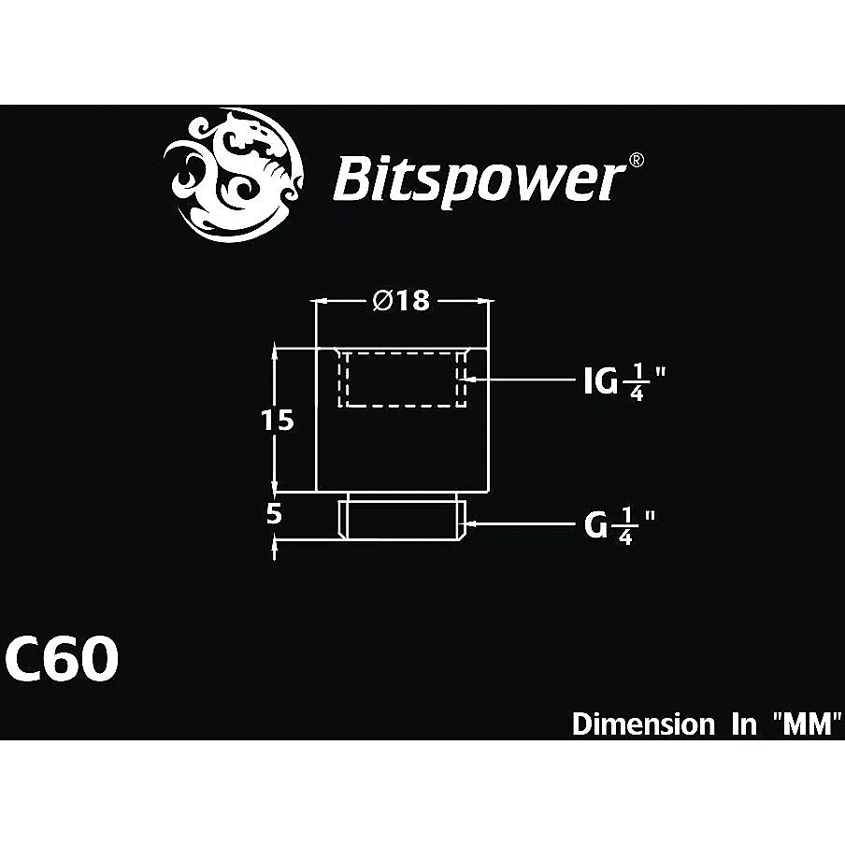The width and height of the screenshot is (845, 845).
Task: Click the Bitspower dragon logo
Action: pyautogui.click(x=235, y=174)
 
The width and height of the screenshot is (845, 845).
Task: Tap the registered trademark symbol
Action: pyautogui.click(x=637, y=160)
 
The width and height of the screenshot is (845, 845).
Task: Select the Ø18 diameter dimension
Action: pyautogui.click(x=402, y=301)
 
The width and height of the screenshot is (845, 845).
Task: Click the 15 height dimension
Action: pyautogui.click(x=278, y=420)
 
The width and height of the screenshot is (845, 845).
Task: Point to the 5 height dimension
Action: pyautogui.click(x=274, y=514)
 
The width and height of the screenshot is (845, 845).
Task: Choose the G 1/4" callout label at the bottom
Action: pyautogui.click(x=620, y=525)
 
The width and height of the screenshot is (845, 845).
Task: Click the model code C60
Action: pyautogui.click(x=62, y=658)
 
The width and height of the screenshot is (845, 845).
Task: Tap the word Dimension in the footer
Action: pyautogui.click(x=643, y=723)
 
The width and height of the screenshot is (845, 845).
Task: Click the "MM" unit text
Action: pyautogui.click(x=807, y=723)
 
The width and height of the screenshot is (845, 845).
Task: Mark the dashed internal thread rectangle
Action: pyautogui.click(x=402, y=379)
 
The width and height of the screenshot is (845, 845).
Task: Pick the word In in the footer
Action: pyautogui.click(x=744, y=723)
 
